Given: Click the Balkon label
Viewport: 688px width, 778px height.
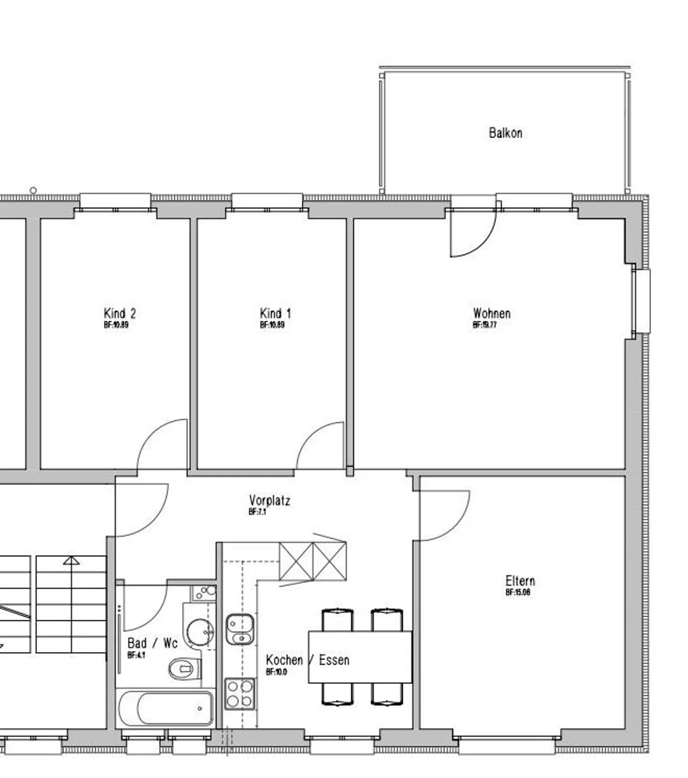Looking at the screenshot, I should click(505, 133).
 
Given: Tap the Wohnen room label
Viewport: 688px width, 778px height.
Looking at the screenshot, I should click(492, 314).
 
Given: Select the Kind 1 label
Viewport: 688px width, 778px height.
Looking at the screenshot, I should click(275, 314).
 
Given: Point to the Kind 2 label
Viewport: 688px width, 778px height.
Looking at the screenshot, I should click(119, 314).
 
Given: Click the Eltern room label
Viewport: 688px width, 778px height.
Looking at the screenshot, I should click(520, 581).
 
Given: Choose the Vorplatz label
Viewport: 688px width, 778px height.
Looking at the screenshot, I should click(269, 501).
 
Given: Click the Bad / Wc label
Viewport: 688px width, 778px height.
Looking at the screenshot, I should click(152, 643).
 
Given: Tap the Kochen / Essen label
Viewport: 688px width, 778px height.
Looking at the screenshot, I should click(307, 660).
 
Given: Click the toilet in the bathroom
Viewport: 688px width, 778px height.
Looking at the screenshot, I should click(184, 668).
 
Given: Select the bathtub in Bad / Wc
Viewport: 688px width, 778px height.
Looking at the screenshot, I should click(166, 708).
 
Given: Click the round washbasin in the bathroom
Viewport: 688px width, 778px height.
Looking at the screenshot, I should click(200, 632).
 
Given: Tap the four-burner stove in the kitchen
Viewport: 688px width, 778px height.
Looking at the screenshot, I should click(240, 694).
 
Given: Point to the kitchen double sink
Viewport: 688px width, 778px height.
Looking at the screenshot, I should click(240, 630).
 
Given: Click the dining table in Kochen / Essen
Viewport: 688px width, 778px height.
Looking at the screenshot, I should click(360, 657).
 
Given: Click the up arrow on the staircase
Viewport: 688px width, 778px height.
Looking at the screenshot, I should click(71, 560).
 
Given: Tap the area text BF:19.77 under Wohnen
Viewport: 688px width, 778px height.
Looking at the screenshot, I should click(484, 325).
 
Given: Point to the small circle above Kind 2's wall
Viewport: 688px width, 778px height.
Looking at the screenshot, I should click(33, 190).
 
